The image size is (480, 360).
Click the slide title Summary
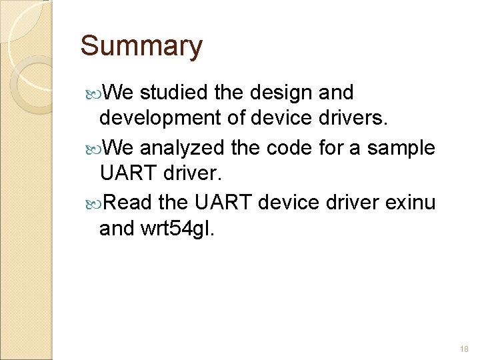(x=141, y=46)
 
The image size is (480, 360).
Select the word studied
(x=173, y=92)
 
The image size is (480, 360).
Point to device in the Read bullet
(x=287, y=201)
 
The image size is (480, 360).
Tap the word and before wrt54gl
(x=116, y=229)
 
